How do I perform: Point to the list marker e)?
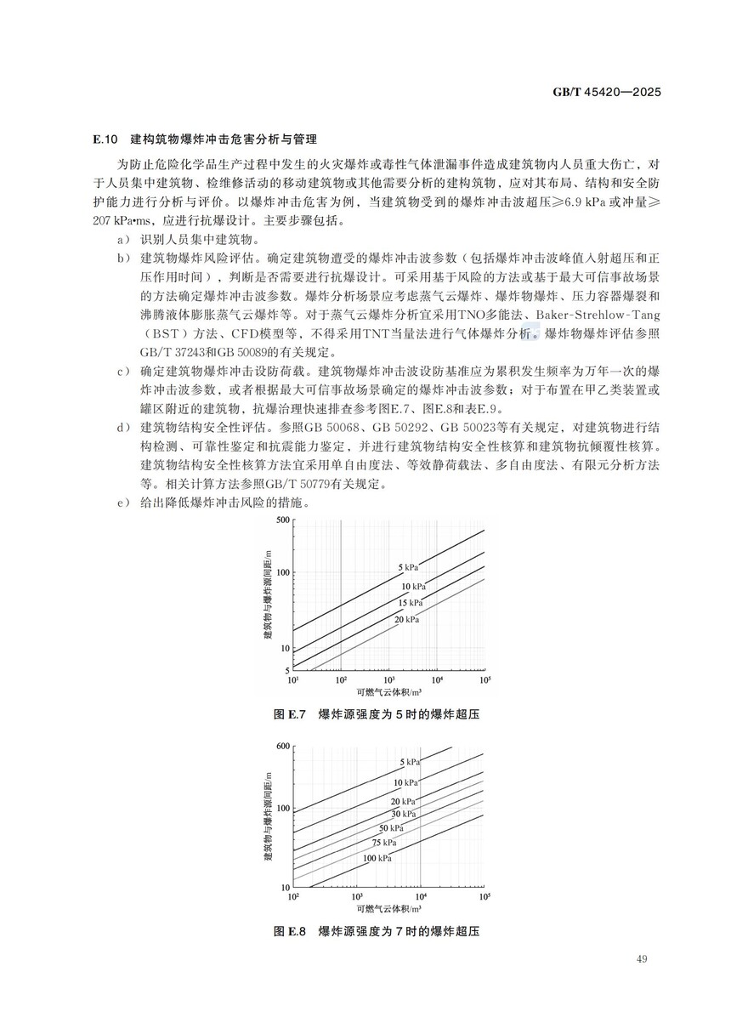[122, 503]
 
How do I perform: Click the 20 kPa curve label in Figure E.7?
[407, 619]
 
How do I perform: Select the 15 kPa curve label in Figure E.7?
[410, 603]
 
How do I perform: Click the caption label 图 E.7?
[291, 714]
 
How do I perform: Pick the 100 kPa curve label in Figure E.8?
[377, 859]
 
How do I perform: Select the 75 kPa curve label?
[385, 843]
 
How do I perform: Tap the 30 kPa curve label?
[404, 814]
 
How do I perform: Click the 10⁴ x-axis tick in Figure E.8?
[421, 896]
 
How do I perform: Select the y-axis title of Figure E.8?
[268, 815]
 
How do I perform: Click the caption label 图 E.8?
[291, 931]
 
